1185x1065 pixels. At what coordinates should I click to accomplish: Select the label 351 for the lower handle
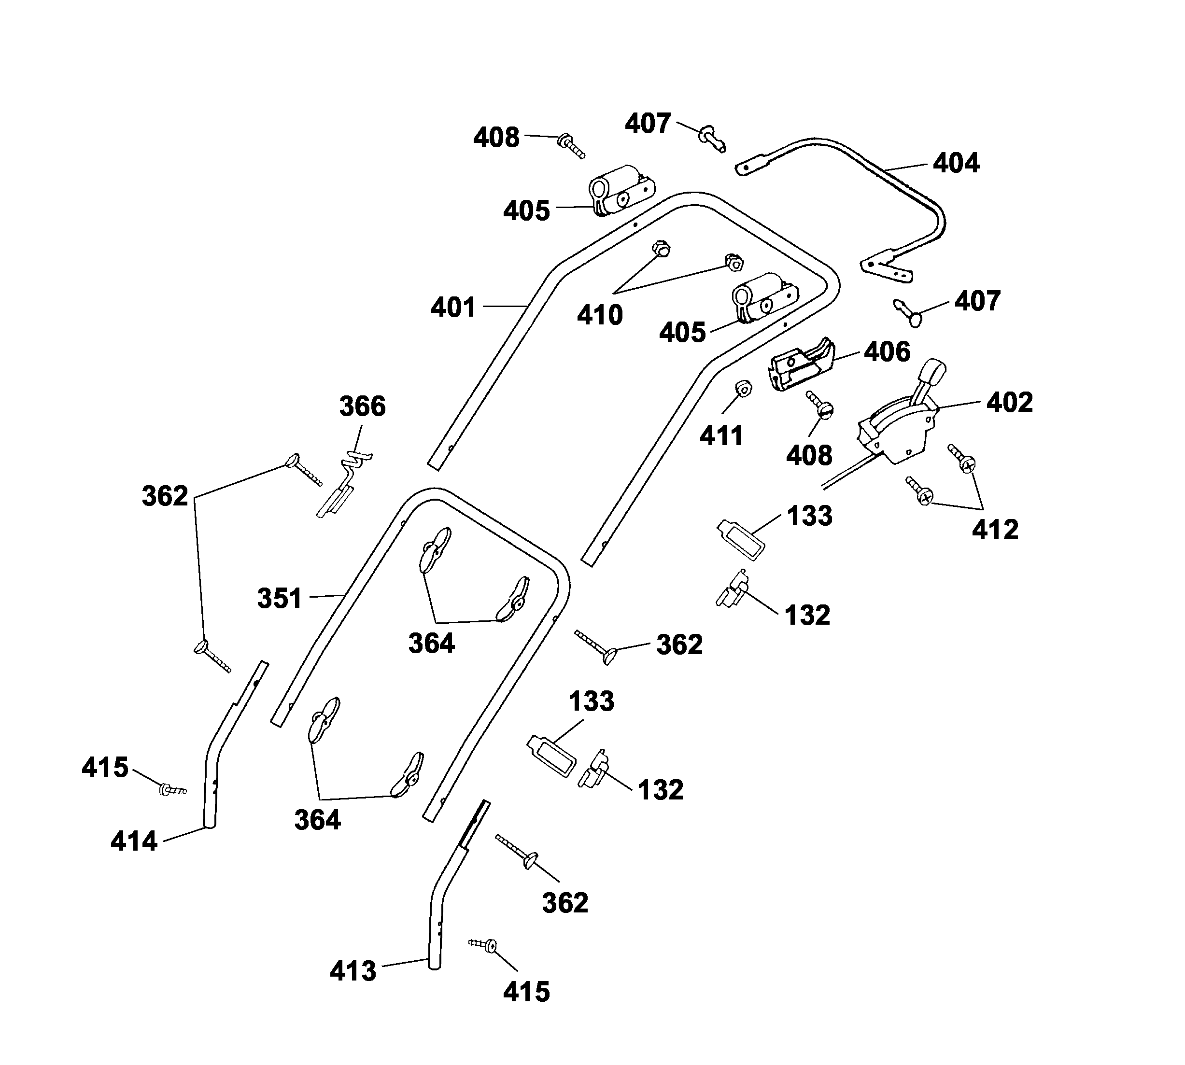280,598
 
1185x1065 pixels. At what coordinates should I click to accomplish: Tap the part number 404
956,163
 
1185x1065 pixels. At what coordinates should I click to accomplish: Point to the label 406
887,351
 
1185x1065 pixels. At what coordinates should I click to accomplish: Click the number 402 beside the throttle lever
1009,403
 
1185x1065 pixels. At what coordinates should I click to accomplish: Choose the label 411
721,436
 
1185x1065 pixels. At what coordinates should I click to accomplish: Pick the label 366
362,406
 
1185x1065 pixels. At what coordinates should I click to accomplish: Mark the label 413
353,971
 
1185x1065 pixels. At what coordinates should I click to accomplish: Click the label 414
134,841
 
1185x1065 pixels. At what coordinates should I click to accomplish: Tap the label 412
995,530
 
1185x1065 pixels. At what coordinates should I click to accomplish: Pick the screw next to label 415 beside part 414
171,789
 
